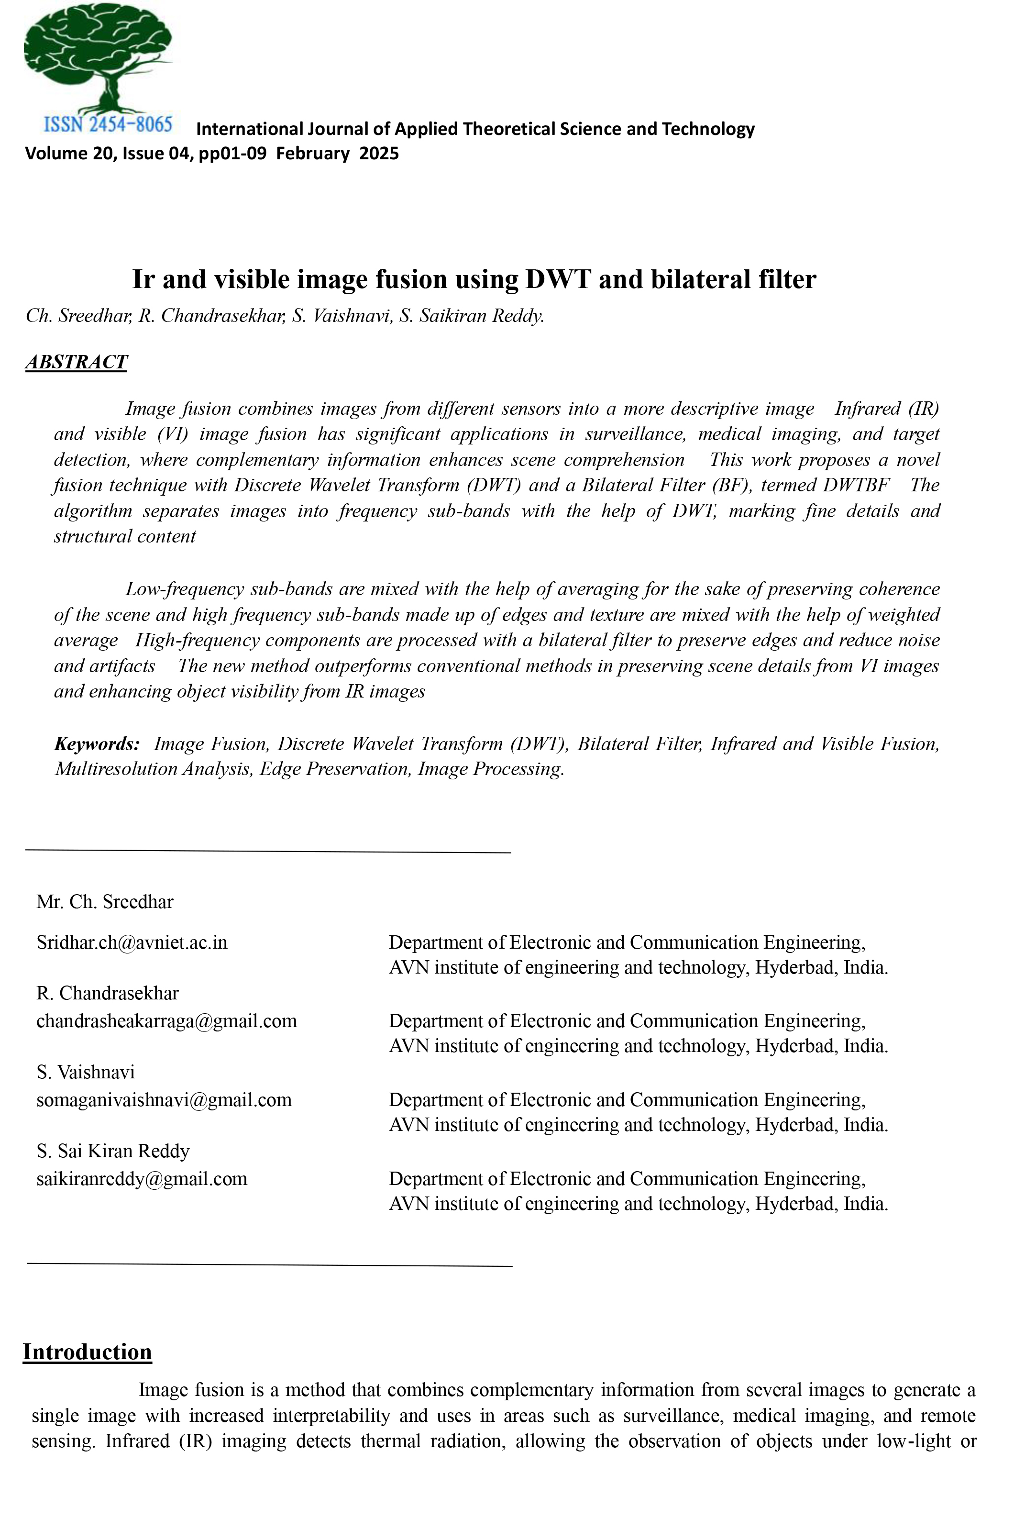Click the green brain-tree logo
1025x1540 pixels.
coord(98,59)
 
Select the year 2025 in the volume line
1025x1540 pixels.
coord(379,154)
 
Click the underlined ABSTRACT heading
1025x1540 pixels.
coord(77,362)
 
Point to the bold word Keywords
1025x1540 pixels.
coord(97,744)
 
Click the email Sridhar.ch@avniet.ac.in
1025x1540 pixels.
coord(132,942)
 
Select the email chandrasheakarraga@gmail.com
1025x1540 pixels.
coord(167,1021)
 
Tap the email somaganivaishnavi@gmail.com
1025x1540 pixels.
coord(164,1100)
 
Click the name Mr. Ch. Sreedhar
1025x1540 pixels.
coord(105,902)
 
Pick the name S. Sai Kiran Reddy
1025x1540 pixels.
coord(113,1151)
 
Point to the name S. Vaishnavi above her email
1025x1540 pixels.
coord(86,1072)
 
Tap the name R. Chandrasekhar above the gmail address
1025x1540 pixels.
coord(107,994)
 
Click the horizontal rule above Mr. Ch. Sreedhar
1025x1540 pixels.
coord(268,851)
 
